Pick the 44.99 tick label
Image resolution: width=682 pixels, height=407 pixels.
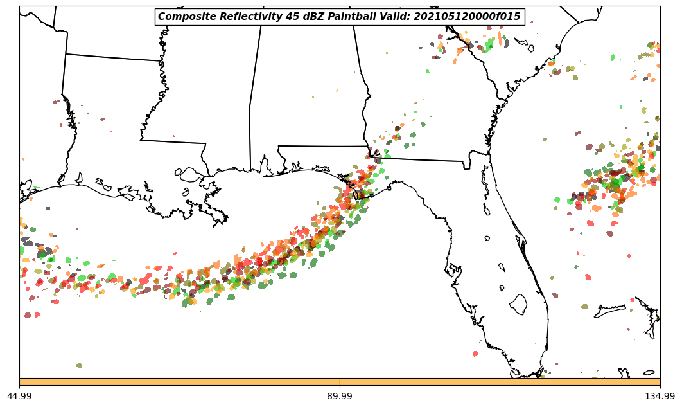pos(19,397)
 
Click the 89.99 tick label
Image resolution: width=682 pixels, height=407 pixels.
pos(340,397)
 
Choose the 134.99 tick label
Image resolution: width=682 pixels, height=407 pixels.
pos(660,397)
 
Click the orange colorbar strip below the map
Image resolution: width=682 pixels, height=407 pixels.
pos(340,382)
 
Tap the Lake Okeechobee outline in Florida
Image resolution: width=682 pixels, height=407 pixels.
pos(518,304)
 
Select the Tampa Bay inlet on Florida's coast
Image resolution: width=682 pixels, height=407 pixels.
pos(487,209)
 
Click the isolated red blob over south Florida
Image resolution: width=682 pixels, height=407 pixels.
pos(475,354)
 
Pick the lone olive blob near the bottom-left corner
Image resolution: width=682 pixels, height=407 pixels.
pos(79,365)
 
